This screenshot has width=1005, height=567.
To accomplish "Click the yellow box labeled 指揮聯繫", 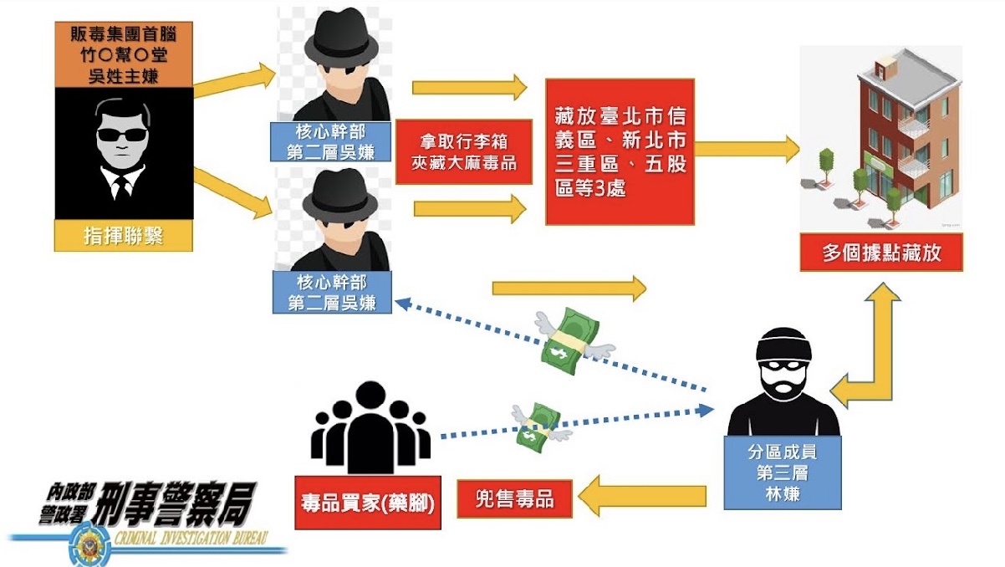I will click(x=124, y=236).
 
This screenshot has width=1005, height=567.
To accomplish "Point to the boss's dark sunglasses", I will click(x=122, y=134).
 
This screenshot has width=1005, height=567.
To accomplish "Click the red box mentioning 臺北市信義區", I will click(x=620, y=151).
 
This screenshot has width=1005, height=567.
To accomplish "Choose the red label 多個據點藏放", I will click(x=880, y=253).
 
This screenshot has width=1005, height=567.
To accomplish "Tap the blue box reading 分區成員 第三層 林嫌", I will click(x=782, y=472).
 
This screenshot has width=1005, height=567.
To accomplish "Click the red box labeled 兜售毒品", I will click(x=514, y=499).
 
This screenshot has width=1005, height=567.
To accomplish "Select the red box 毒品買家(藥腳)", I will click(x=369, y=505).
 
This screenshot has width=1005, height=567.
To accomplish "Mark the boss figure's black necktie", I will click(x=122, y=184).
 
